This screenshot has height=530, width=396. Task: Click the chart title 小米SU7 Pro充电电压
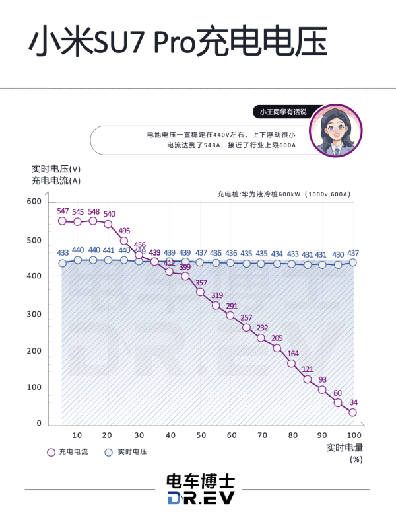click(178, 44)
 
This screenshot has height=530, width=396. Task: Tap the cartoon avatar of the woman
click(338, 130)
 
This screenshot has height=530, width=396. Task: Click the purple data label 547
click(63, 211)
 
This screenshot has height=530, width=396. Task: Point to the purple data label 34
click(354, 402)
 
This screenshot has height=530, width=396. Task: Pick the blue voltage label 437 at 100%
click(353, 254)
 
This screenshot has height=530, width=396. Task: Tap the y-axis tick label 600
click(34, 202)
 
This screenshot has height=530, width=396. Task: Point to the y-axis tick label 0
click(39, 423)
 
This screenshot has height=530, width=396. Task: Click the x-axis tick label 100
click(354, 435)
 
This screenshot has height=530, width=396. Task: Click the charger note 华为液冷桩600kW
click(284, 194)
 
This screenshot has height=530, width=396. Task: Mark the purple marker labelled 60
click(338, 402)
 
